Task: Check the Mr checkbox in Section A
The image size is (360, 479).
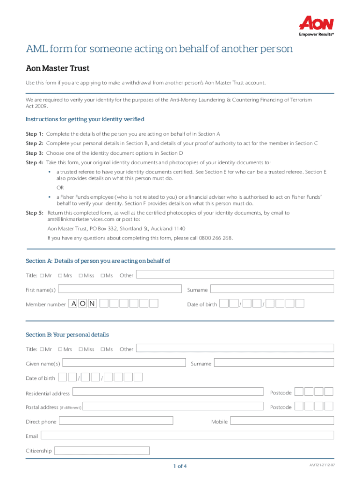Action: (42, 276)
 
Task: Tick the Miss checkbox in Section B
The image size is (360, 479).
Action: (81, 349)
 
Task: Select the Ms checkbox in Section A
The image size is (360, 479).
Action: (103, 276)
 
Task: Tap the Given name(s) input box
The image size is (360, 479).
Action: (124, 363)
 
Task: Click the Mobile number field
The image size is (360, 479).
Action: (282, 421)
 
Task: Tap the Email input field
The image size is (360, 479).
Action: (187, 435)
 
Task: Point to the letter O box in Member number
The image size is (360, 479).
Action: (83, 304)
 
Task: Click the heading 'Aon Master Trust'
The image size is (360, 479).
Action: (58, 68)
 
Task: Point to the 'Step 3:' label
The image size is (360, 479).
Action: (35, 153)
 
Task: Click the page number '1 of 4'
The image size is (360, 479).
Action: (180, 466)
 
